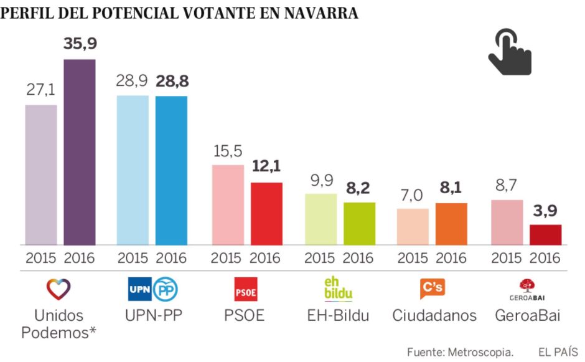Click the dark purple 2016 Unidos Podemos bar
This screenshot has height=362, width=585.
coord(80,152)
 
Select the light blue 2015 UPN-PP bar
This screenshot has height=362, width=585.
coord(133,169)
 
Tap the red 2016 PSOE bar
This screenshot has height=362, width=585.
coord(266,213)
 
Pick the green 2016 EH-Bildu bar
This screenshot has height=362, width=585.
coord(360,223)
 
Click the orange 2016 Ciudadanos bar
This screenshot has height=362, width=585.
coord(451,223)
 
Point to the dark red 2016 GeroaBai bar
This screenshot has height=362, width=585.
coord(545,234)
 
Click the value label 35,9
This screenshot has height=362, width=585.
coord(80,45)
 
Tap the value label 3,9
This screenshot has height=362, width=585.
coord(545,211)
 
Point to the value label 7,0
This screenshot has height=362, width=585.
coord(413,195)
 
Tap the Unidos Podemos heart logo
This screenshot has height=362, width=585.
coord(58,288)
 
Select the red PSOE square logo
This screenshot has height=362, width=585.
coord(245,289)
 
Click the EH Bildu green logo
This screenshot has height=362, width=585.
coord(338,288)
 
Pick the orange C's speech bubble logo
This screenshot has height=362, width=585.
coord(433,288)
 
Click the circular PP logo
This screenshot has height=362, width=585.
coord(166,289)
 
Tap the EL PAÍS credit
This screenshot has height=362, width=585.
coord(558,351)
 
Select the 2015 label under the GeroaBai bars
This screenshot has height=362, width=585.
coord(507,258)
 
